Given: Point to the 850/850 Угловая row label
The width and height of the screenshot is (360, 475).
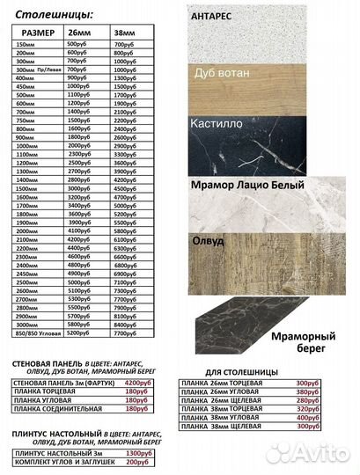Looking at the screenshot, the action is click(x=38, y=332).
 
